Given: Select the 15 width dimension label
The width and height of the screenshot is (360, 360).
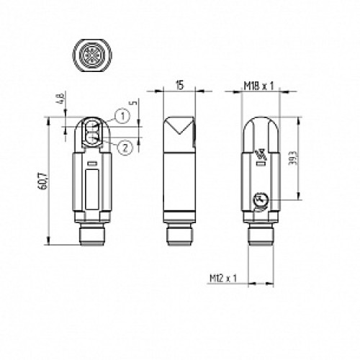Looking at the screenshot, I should pos(177,84).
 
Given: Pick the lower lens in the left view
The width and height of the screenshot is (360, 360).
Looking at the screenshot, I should pos(93,140).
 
